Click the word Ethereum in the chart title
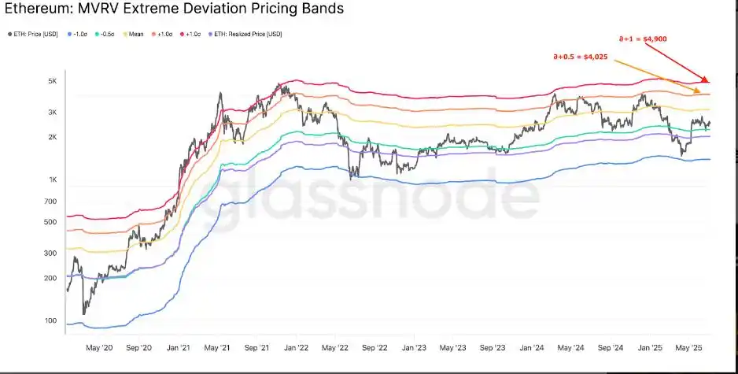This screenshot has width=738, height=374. tap(36, 10)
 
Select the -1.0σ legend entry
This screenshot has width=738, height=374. tap(78, 35)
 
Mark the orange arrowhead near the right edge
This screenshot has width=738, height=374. tap(698, 91)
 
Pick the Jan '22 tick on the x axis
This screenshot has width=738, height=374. tap(296, 346)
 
